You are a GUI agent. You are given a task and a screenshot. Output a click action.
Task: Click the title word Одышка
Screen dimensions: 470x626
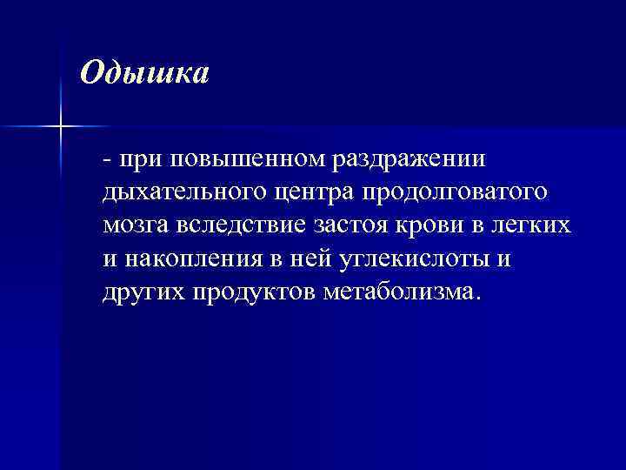(x=144, y=73)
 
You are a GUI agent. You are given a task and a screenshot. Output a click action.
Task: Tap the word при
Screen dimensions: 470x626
(x=142, y=160)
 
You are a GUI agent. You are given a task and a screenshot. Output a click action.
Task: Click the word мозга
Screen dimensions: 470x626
(x=137, y=225)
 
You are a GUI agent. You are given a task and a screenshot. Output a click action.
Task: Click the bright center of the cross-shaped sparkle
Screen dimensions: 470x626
(x=61, y=127)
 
